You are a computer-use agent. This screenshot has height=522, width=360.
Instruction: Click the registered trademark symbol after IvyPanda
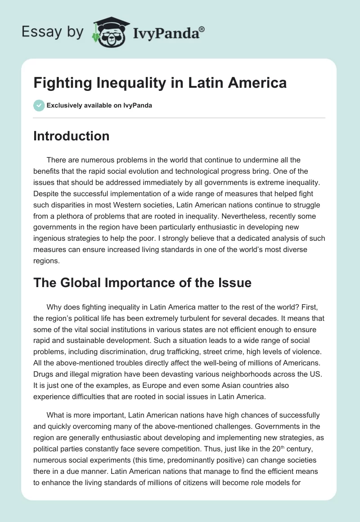pyautogui.click(x=202, y=29)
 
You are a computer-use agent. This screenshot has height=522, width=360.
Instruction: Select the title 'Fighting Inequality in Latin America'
pyautogui.click(x=160, y=83)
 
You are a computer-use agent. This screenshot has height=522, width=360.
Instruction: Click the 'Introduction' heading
pyautogui.click(x=71, y=136)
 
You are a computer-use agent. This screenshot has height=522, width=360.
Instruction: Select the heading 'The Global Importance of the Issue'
pyautogui.click(x=142, y=283)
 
